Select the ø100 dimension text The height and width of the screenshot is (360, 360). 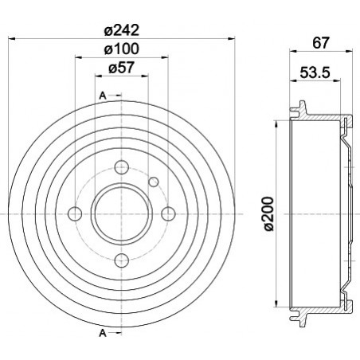point(122,49)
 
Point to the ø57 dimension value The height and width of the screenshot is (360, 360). point(122,68)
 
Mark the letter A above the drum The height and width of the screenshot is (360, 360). point(103,96)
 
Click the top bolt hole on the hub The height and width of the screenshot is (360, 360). point(121,168)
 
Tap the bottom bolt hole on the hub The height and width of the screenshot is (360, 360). point(121,260)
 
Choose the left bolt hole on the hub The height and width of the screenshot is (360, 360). point(76,214)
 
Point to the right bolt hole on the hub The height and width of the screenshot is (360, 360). point(167,214)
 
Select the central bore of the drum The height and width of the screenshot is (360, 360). point(121,214)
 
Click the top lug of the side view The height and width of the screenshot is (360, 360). point(303,107)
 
